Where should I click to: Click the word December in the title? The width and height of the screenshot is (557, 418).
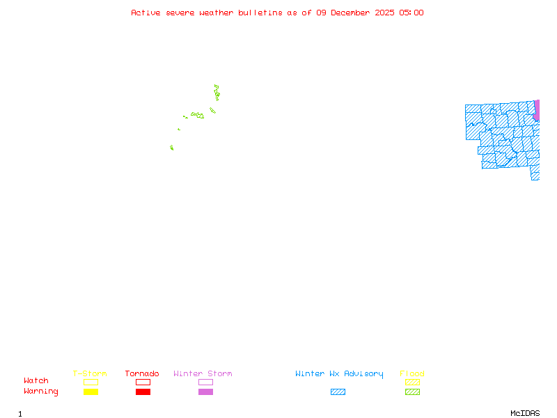352,13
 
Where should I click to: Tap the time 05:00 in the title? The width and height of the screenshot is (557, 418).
411,13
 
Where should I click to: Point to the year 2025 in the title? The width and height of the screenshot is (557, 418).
384,13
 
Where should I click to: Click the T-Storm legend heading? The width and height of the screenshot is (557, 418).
90,373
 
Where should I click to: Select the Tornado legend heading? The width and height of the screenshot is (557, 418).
142,373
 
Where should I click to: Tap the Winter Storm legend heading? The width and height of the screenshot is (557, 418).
203,373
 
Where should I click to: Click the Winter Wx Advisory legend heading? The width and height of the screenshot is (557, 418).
339,373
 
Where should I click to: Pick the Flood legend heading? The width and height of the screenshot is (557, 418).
412,373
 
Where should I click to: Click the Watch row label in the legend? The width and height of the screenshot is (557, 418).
36,381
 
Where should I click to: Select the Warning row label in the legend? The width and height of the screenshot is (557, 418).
41,392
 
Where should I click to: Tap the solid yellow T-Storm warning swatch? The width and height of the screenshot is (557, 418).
91,392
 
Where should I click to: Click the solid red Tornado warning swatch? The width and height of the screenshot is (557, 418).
143,392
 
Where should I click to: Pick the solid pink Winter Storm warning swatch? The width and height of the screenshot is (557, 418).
205,392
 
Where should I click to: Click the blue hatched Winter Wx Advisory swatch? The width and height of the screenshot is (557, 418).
338,392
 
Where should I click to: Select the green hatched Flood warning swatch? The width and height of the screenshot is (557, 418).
412,392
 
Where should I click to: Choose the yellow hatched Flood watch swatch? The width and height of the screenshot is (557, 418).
412,382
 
